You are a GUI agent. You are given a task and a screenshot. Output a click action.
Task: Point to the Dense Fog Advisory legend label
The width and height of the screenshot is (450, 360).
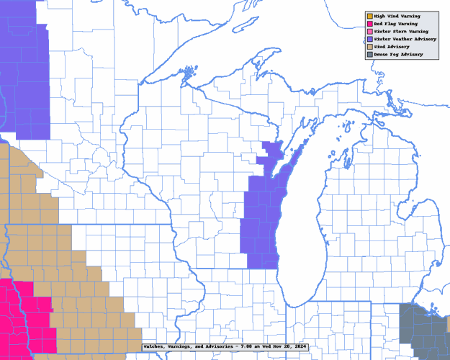point(397,55)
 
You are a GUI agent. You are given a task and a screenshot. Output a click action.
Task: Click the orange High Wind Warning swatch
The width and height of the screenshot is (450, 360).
point(369,15)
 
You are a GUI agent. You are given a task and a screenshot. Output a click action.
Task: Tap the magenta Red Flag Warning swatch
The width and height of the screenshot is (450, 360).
point(369,24)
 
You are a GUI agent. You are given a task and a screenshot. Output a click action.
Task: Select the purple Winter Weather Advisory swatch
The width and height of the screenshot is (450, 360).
point(369,39)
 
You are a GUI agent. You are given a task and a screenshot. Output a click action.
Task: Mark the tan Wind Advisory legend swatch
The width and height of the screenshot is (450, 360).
point(369,47)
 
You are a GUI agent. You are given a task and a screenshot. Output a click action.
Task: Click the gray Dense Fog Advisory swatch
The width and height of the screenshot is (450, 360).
point(369,55)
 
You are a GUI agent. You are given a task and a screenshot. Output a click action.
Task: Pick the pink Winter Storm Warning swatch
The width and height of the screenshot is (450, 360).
point(369,32)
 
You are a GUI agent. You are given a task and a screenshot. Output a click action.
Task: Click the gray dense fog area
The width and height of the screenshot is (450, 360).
point(425,331)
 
